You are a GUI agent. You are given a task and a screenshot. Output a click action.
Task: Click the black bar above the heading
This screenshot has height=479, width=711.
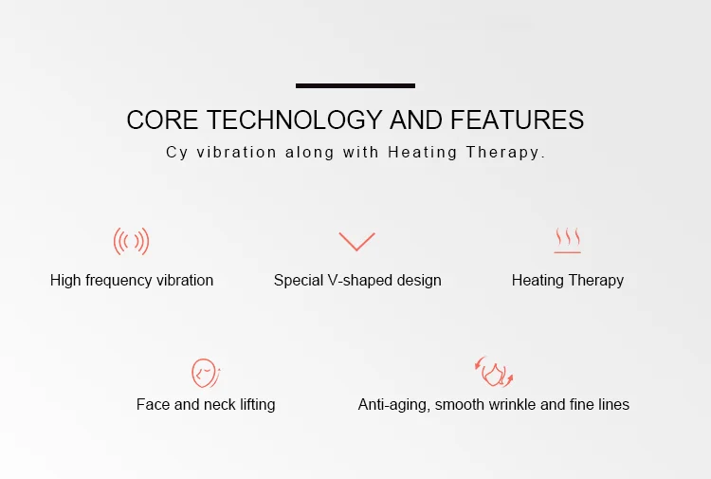[355, 85]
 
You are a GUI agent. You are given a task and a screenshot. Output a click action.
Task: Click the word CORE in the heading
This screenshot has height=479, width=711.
[163, 120]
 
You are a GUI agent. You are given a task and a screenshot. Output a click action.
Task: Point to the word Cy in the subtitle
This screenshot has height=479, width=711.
[176, 153]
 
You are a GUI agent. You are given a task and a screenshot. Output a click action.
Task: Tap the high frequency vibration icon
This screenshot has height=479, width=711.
[132, 242]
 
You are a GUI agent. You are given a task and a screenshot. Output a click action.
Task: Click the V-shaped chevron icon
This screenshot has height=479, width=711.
[356, 241]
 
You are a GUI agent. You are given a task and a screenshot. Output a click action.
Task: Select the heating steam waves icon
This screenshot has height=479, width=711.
[568, 241]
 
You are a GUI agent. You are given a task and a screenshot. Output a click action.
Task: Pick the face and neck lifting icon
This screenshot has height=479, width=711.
[205, 372]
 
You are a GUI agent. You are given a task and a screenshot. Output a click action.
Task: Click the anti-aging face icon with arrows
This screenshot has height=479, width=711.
[493, 372]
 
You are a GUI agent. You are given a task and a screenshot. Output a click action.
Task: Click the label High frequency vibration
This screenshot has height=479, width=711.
[132, 281]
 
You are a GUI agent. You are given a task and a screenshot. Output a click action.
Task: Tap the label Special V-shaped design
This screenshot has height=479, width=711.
[357, 281]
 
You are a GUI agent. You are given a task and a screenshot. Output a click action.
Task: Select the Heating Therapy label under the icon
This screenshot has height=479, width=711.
[568, 281]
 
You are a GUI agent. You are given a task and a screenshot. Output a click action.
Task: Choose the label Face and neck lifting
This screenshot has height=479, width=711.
[206, 405]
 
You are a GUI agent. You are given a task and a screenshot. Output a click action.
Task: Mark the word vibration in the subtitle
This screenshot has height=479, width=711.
[236, 152]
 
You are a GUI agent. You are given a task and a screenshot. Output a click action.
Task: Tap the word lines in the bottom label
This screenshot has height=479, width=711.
[611, 405]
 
